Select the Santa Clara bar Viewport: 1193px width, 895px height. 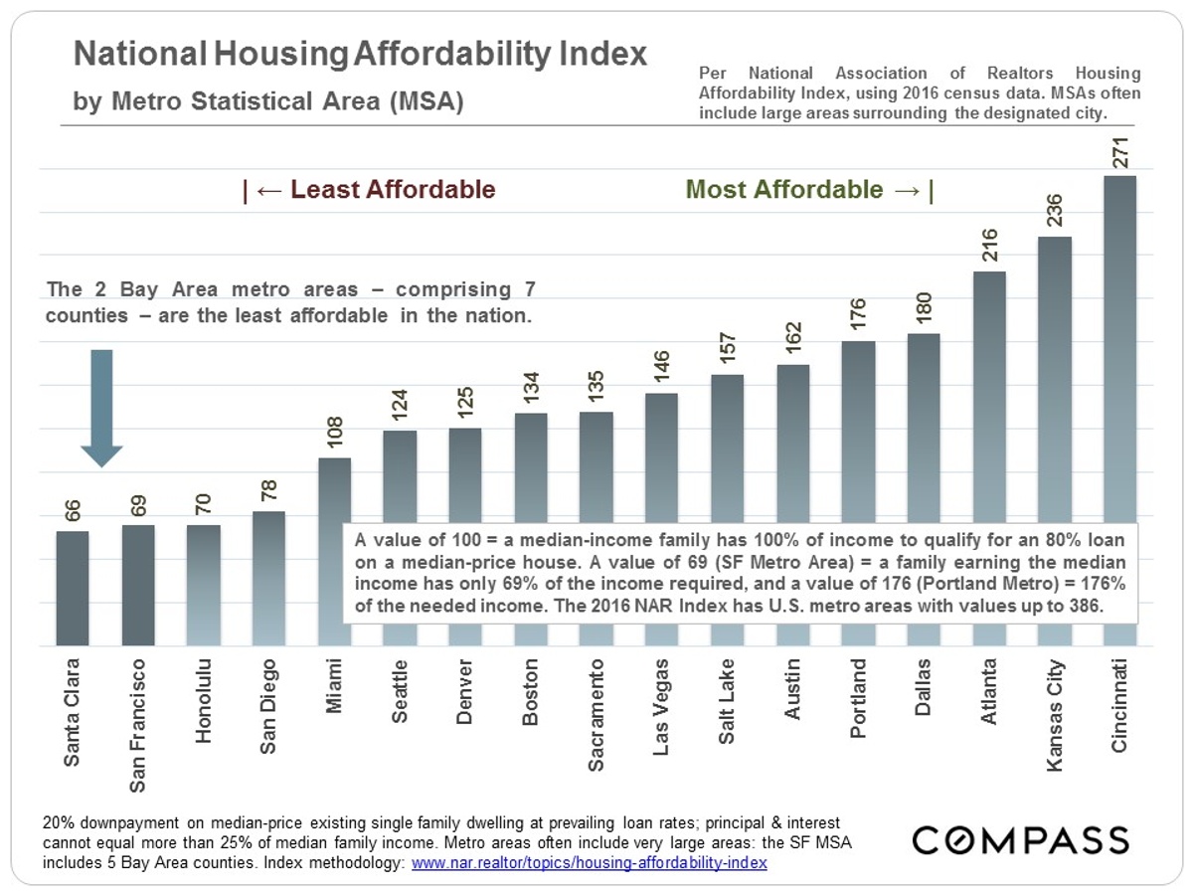73,587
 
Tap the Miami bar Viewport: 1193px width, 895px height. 334,487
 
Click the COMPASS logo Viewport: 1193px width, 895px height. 1021,840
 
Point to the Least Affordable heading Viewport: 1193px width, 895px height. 370,190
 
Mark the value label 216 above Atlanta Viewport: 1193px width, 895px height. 989,246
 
